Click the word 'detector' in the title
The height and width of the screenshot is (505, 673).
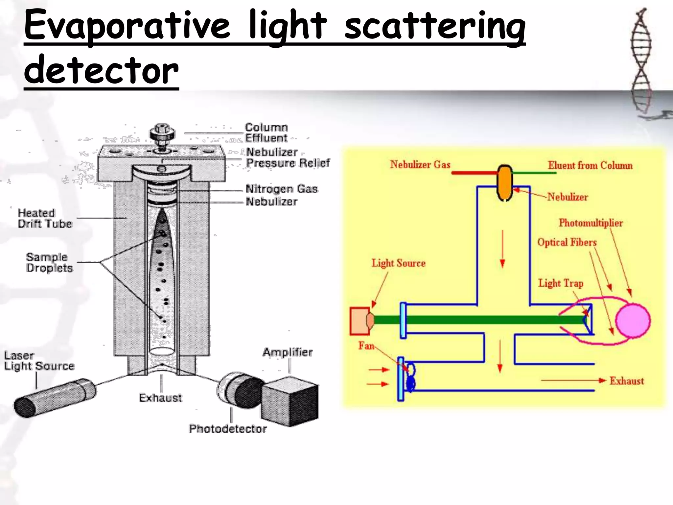tap(101, 70)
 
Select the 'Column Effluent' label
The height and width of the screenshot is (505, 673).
tap(266, 132)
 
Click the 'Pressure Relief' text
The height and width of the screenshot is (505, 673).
tap(288, 163)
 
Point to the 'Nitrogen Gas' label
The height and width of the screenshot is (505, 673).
tap(282, 189)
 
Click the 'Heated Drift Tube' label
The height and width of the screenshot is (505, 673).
tap(44, 218)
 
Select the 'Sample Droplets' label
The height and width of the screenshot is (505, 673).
tap(49, 262)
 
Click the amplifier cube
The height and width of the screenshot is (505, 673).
tap(290, 401)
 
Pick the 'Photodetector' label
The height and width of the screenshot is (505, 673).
tap(227, 429)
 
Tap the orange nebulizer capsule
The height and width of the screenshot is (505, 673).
tap(504, 182)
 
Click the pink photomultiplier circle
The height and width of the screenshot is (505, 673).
tap(633, 321)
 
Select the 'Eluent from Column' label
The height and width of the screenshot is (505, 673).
tap(590, 165)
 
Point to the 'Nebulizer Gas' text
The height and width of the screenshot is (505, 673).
tap(420, 164)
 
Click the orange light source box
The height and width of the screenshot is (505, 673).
tap(360, 321)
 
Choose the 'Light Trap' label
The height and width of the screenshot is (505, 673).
tap(561, 283)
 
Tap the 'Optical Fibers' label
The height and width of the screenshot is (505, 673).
tap(567, 242)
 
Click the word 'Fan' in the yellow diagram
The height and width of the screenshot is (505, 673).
tap(366, 346)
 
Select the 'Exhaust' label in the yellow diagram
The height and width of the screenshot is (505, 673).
tap(627, 381)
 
